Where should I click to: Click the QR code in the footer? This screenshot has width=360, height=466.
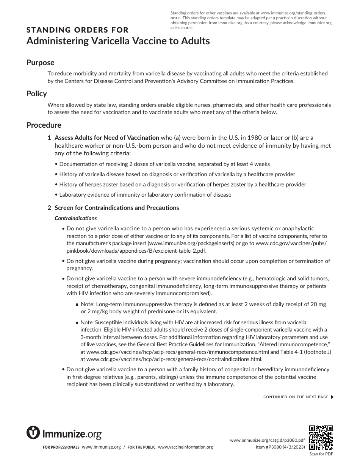click(x=321, y=438)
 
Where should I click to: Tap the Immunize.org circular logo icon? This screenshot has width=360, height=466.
click(x=33, y=433)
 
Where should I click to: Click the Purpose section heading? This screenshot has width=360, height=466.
click(x=40, y=63)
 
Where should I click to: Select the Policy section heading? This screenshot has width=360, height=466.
click(x=36, y=94)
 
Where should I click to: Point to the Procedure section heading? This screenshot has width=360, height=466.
click(x=44, y=125)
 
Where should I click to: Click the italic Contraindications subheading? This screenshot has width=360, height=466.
click(x=76, y=218)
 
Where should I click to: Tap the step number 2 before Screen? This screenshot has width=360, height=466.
click(x=49, y=208)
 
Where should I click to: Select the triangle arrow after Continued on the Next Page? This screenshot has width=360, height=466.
click(x=332, y=397)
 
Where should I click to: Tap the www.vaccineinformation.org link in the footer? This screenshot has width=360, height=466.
click(x=185, y=447)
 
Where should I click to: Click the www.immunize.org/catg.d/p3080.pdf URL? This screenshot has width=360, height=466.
click(x=268, y=440)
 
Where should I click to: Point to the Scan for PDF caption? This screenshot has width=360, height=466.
click(x=321, y=454)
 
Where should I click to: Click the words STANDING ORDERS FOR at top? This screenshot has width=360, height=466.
click(x=77, y=30)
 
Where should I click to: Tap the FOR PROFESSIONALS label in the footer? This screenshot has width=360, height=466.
click(x=61, y=447)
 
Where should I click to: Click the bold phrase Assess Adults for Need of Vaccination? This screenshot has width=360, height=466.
click(x=107, y=138)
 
